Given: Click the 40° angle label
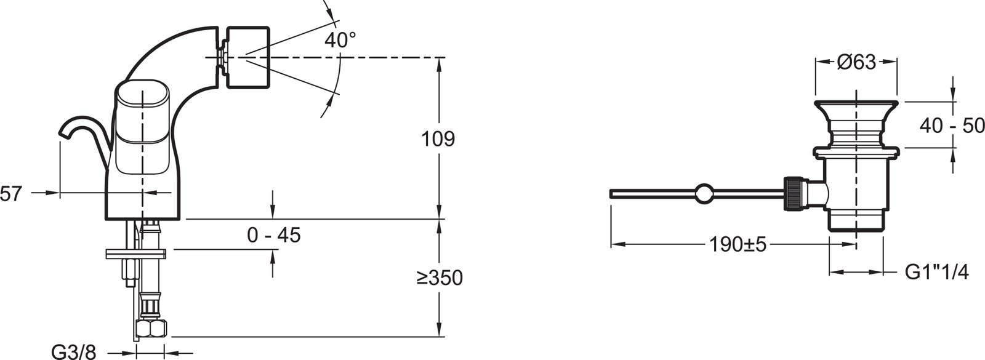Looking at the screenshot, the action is click(x=340, y=41).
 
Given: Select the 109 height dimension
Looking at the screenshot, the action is click(x=438, y=139).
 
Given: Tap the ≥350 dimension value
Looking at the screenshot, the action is click(x=440, y=278).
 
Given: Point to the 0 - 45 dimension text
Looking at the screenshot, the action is click(x=273, y=235).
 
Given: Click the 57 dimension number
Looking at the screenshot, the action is click(x=10, y=194).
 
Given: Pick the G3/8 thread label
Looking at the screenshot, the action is click(x=74, y=352).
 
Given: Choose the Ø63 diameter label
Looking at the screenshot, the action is click(x=856, y=62).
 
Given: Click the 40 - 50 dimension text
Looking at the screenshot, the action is click(x=952, y=126).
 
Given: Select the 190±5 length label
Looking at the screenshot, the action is click(x=738, y=244).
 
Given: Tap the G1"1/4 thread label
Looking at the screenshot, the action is click(x=936, y=273).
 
